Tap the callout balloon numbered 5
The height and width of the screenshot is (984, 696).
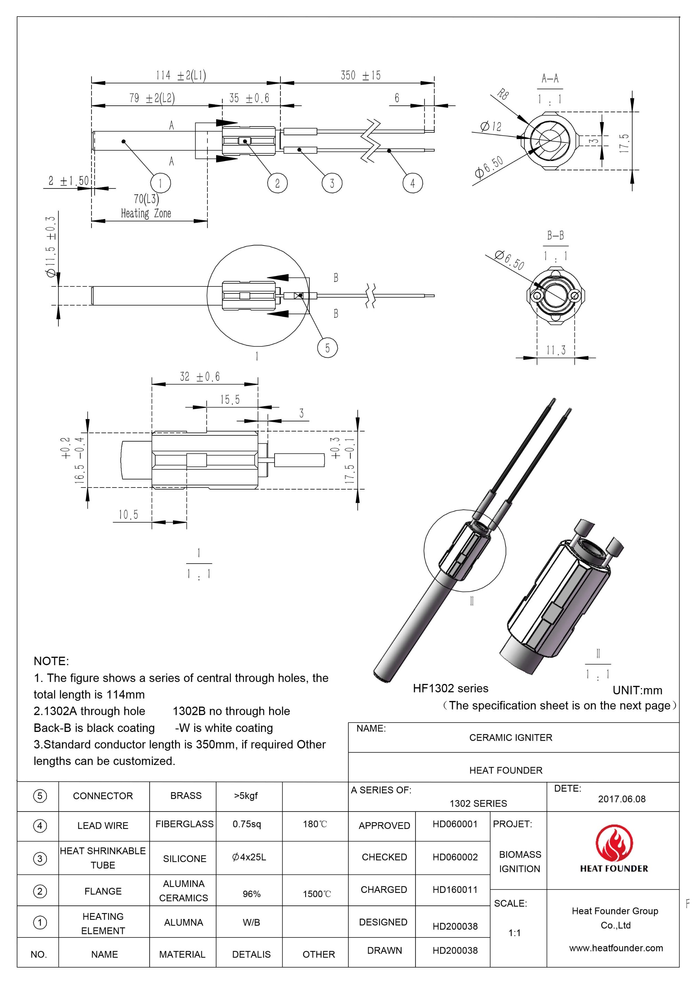click(327, 348)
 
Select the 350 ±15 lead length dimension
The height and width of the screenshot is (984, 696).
click(360, 75)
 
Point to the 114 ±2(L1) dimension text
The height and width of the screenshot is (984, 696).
click(181, 75)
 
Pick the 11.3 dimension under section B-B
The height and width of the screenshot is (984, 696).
click(555, 350)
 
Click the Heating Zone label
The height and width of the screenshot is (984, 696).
click(146, 213)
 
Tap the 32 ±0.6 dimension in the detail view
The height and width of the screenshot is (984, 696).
click(199, 377)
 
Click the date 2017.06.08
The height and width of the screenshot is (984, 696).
click(622, 799)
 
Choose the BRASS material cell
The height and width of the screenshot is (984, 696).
click(186, 796)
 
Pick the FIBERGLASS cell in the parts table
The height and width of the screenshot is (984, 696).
click(184, 824)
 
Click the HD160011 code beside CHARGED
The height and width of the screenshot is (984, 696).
click(454, 889)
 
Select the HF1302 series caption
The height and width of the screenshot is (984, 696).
click(450, 688)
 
